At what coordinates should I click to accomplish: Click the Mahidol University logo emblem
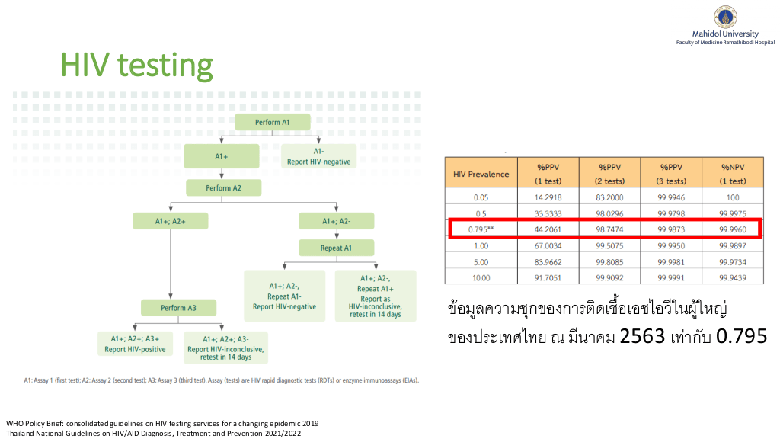coord(725,17)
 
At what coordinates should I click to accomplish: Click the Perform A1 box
coord(273,122)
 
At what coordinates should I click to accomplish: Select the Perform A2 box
coord(223,187)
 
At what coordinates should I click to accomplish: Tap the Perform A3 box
coord(178,308)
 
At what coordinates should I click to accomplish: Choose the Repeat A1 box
coord(336,248)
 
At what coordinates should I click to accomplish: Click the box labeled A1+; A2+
coord(170,221)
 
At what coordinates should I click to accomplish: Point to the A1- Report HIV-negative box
coord(319,156)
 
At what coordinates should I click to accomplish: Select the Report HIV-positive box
coord(135,344)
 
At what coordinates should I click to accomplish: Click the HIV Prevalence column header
coord(481,174)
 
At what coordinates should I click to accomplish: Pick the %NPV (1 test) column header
coord(733,174)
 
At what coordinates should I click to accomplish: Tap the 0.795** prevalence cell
coord(481,229)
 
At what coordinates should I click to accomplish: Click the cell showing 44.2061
coord(548,229)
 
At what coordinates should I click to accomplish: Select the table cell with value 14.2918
coord(548,197)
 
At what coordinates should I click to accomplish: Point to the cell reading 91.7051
coord(548,277)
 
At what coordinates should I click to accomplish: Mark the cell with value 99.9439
coord(733,277)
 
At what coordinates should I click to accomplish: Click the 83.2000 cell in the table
coord(610,197)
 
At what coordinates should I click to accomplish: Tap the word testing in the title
coord(165,66)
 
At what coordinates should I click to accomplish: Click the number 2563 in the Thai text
coord(642,336)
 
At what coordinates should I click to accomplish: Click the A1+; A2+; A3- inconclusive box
coord(225,348)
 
